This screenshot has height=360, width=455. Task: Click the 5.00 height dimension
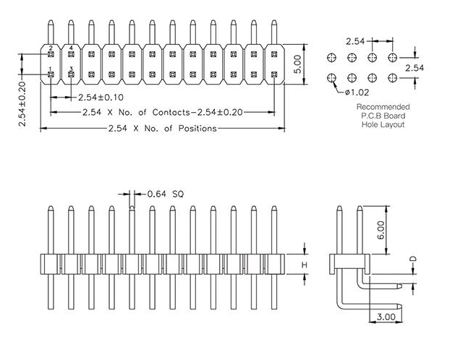pyautogui.click(x=297, y=67)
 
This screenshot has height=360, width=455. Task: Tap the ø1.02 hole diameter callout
pyautogui.click(x=357, y=92)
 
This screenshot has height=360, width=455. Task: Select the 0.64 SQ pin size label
pyautogui.click(x=166, y=194)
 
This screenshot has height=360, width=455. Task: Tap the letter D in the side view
pyautogui.click(x=413, y=259)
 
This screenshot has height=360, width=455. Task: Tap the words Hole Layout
pyautogui.click(x=383, y=124)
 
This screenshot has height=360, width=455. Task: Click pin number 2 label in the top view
pyautogui.click(x=51, y=48)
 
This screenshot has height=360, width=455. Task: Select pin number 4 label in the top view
pyautogui.click(x=71, y=48)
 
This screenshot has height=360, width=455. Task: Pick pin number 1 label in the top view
pyautogui.click(x=51, y=69)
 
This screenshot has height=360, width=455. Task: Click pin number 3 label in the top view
pyautogui.click(x=71, y=69)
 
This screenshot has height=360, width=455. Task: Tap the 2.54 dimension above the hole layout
pyautogui.click(x=360, y=40)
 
